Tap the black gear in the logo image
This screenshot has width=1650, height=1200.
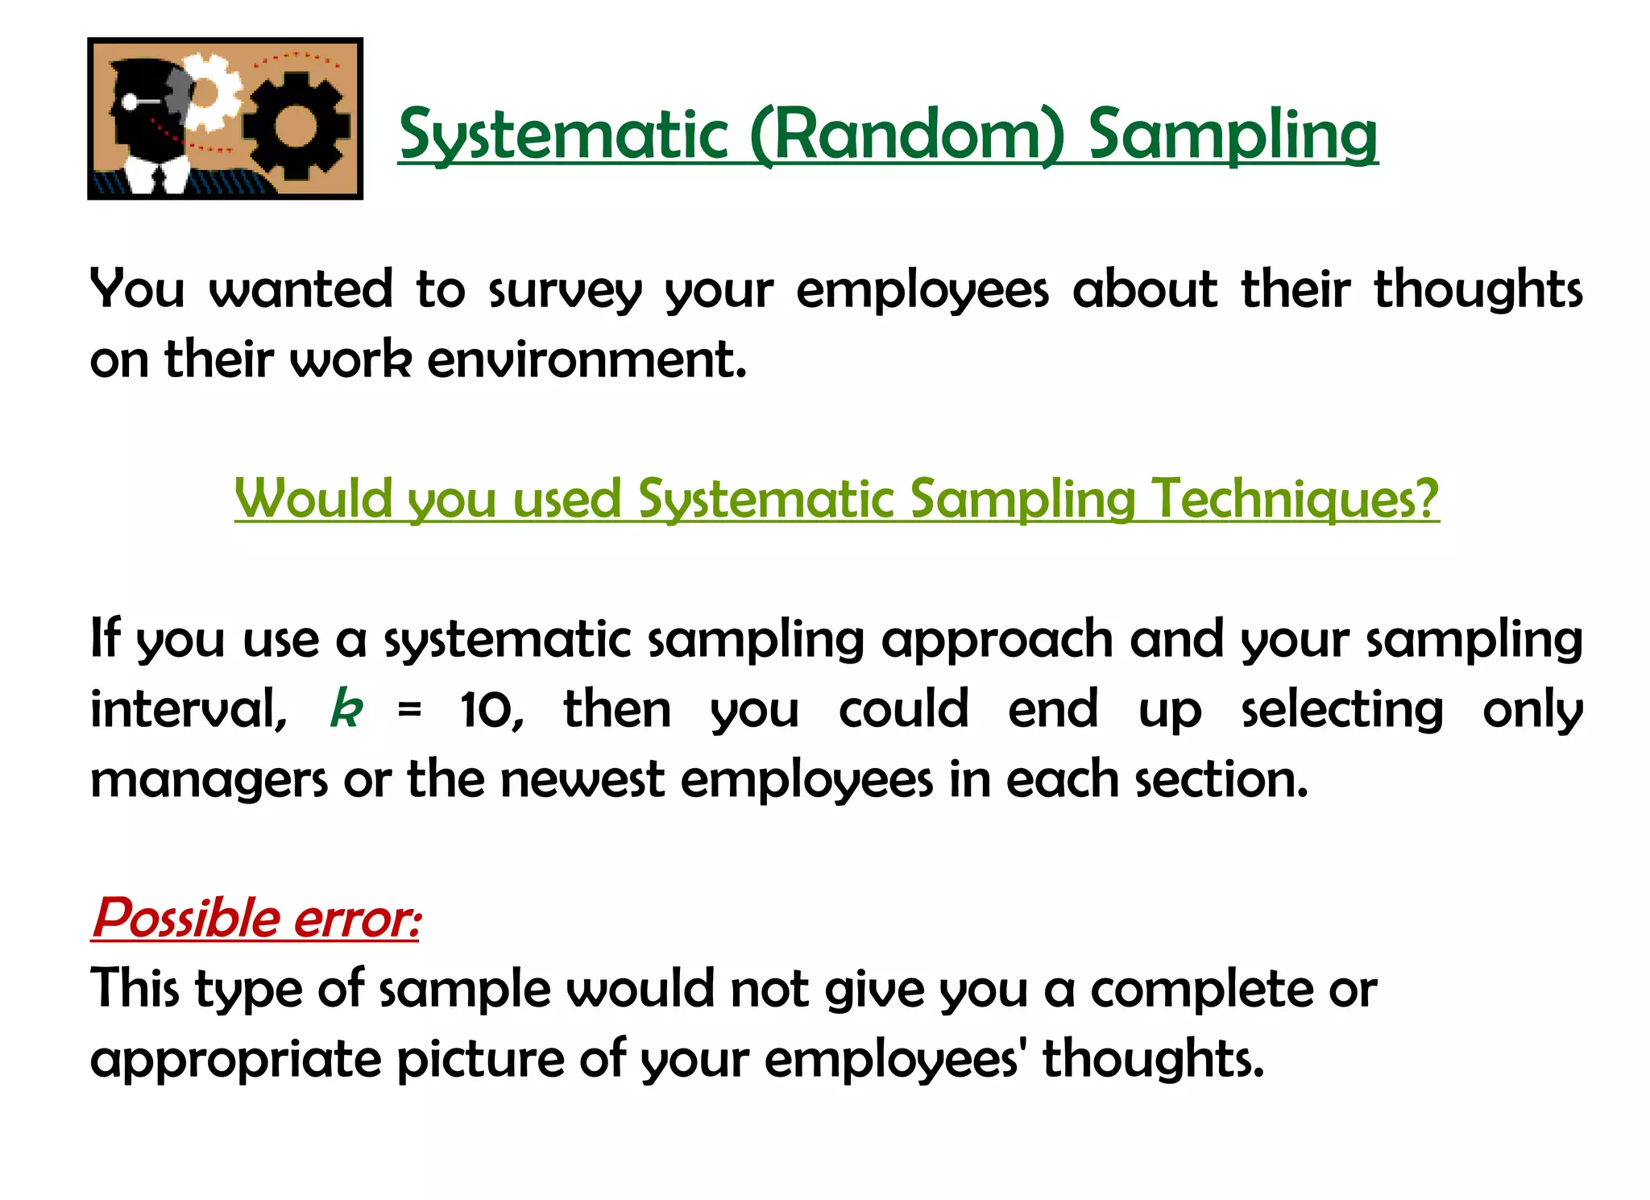coord(296,127)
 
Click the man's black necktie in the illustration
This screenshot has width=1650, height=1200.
coord(159,179)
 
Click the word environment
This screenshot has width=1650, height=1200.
coord(587,359)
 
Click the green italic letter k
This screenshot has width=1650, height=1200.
coord(346,709)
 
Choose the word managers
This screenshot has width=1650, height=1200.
coord(209,780)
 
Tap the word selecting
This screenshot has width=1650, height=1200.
coord(1341,709)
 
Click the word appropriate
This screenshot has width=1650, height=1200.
coord(235,1060)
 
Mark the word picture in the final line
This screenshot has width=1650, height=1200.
coord(480,1060)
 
